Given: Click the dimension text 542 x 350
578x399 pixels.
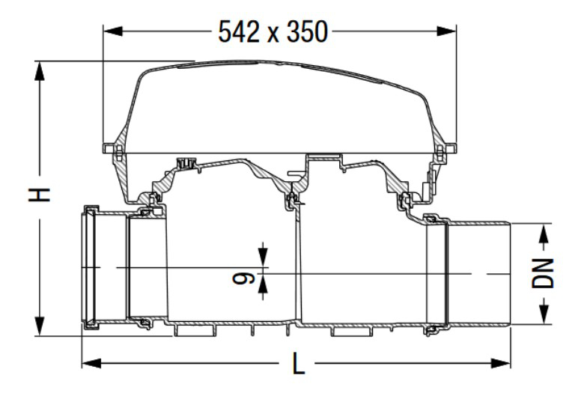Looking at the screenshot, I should [x=273, y=31].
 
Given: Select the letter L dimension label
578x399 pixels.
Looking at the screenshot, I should [x=299, y=365].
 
